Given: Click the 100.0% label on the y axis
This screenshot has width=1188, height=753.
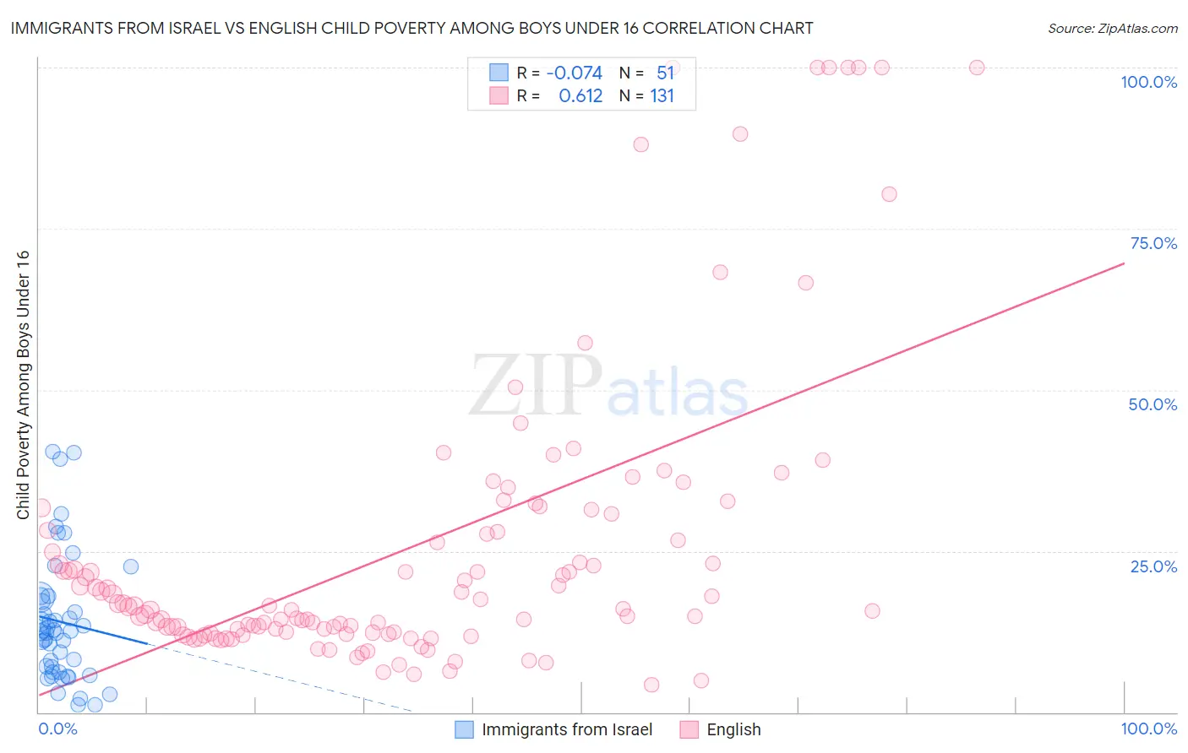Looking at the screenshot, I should (x=1148, y=82).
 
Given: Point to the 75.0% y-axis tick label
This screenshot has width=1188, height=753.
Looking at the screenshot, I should (x=1153, y=243).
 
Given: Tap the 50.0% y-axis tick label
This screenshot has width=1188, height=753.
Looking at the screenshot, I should (x=1153, y=404).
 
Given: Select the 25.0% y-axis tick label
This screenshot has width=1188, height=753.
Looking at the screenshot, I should (x=1153, y=566).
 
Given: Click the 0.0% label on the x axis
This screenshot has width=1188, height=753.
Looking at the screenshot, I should (x=57, y=729).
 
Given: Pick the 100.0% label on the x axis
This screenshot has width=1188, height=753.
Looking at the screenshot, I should (x=1148, y=729).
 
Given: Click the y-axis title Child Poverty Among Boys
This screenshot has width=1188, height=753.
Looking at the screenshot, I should (x=23, y=385).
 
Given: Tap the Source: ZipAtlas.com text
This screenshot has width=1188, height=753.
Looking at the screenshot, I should (x=1112, y=28).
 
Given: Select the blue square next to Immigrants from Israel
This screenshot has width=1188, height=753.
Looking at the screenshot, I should (x=464, y=729).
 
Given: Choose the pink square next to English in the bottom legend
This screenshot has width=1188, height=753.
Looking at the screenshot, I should (x=689, y=729).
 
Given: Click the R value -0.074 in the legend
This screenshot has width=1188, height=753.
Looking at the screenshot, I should (x=575, y=73).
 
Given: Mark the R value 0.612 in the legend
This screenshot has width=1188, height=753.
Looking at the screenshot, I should (x=580, y=96).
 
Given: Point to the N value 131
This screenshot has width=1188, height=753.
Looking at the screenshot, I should (x=662, y=96).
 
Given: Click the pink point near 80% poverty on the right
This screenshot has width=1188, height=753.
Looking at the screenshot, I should (x=889, y=194).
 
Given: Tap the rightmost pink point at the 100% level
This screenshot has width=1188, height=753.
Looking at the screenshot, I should (x=977, y=68).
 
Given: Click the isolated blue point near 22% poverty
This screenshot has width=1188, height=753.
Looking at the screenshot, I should (x=131, y=566).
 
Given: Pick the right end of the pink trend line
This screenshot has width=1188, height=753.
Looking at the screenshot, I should (x=1124, y=263).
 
